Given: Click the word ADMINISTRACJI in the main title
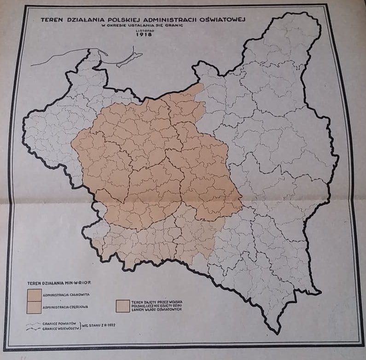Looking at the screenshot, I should click(x=167, y=19).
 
